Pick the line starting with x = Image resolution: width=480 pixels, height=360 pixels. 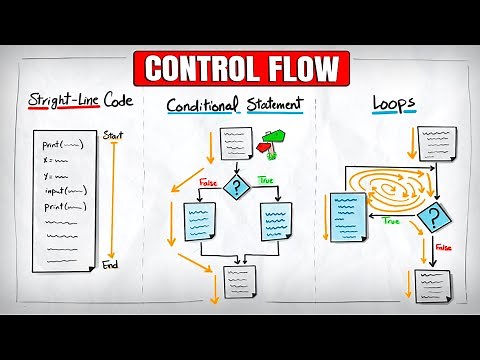point(44,159)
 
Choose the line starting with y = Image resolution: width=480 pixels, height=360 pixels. point(44,175)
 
